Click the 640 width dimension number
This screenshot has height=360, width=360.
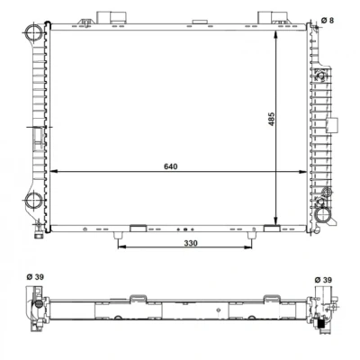(171, 166)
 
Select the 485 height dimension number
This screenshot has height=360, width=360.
(271, 119)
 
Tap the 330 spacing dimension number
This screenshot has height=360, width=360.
(191, 243)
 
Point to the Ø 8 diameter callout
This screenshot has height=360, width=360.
(328, 21)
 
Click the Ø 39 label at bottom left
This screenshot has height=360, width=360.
(35, 277)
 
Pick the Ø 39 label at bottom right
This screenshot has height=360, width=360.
(323, 280)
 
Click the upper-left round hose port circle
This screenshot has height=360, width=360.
(33, 32)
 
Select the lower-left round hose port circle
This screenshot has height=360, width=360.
(33, 201)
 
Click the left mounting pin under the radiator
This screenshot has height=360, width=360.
(118, 236)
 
